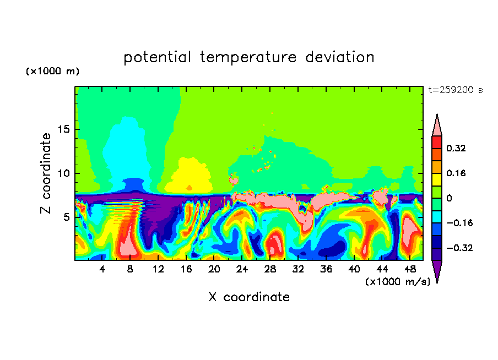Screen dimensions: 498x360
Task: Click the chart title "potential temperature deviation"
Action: (248, 58)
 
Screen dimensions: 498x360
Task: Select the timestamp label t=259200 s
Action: (456, 90)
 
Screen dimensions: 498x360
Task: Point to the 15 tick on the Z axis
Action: (64, 129)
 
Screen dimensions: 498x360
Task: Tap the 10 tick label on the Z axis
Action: (64, 173)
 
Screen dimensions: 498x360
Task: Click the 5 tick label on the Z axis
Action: (67, 217)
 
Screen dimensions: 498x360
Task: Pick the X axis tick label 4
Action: (102, 269)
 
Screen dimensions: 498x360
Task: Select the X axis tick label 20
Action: (214, 269)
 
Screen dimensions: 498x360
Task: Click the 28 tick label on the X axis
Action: (270, 269)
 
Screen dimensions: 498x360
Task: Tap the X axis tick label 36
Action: (326, 269)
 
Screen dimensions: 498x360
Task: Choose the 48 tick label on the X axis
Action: (410, 269)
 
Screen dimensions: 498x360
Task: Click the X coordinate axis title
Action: (249, 297)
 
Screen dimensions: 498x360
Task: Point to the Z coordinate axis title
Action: (46, 173)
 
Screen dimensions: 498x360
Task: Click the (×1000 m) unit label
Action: (52, 71)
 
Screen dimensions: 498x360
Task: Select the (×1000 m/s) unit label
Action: (398, 282)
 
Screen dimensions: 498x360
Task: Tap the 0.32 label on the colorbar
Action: (456, 148)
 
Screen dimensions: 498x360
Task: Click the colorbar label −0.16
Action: (459, 223)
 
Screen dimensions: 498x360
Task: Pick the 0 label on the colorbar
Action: (449, 198)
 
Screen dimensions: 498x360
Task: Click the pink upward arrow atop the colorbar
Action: (437, 125)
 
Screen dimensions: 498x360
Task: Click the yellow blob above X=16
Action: (190, 176)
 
